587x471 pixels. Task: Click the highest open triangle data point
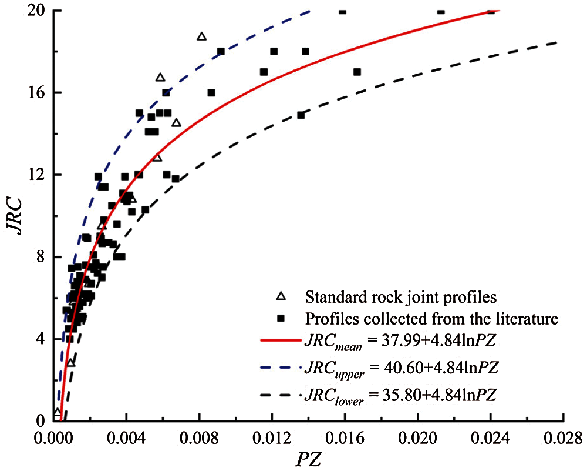(x=202, y=36)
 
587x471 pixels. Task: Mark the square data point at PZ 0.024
(x=491, y=11)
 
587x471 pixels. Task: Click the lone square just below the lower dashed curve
(x=301, y=115)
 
